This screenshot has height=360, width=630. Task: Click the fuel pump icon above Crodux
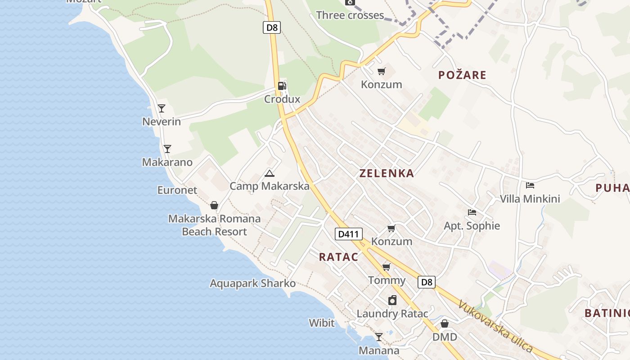pos(282,85)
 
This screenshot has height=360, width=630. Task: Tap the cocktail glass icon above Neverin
pos(162,108)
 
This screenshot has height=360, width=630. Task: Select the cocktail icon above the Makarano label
pos(167,149)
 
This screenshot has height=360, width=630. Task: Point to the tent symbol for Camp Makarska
pos(270,173)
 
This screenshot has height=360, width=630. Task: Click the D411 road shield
pos(348,234)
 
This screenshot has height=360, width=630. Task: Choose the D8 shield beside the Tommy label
pos(426,282)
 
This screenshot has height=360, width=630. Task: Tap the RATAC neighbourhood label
pos(338,257)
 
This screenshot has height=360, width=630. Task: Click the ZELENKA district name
pos(387,173)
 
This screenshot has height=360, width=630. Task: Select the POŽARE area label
pos(462,75)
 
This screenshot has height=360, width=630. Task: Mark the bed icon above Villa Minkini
pos(530,185)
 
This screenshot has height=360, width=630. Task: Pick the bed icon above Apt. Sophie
pos(472,212)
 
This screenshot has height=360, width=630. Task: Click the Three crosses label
pos(350,15)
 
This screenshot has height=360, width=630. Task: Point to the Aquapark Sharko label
pos(252,283)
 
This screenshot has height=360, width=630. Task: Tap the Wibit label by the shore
pos(321,323)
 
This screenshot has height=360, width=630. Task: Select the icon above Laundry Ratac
pos(392,300)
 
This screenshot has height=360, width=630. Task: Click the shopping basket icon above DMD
pos(445,324)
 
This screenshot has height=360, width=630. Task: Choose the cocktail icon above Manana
pos(379,337)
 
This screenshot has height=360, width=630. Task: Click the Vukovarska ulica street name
pos(495,327)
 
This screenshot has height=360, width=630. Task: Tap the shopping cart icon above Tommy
pos(386,267)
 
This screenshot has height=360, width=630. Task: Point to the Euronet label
pos(177,190)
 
